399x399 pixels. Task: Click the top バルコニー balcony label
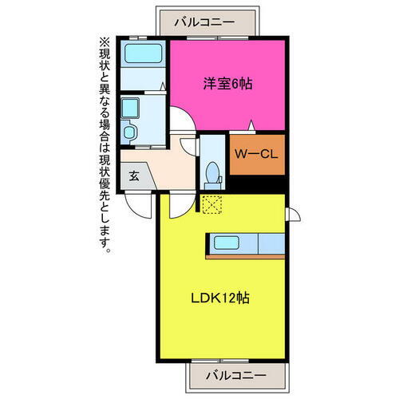pyautogui.click(x=206, y=22)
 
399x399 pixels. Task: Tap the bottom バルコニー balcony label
pyautogui.click(x=237, y=373)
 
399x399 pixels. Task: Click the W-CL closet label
pyautogui.click(x=256, y=155)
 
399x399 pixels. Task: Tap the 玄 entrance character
pyautogui.click(x=133, y=176)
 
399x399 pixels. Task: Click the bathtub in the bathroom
pyautogui.click(x=144, y=56)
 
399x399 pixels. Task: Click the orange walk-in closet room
pyautogui.click(x=256, y=156)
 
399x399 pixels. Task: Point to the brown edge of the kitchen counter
pyautogui.click(x=245, y=256)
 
